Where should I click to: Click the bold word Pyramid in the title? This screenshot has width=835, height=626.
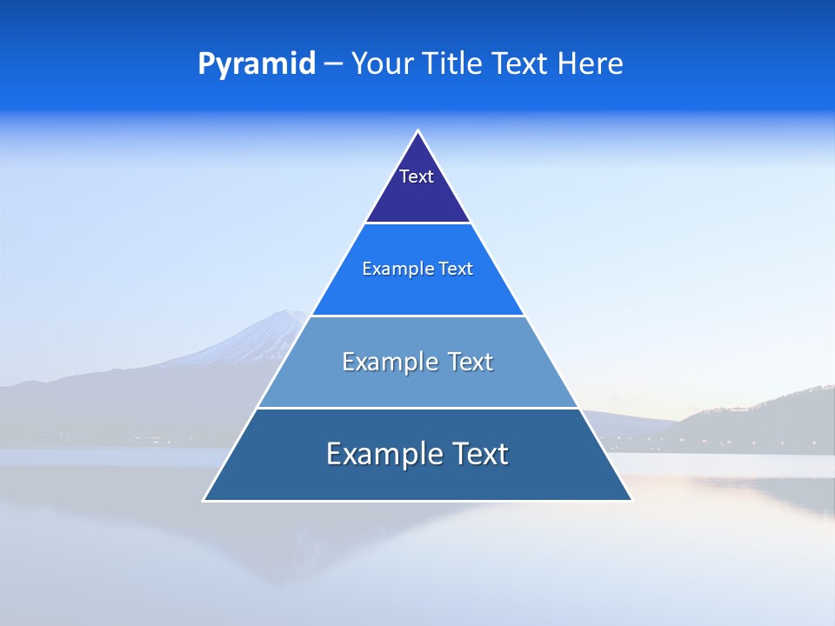click(x=256, y=64)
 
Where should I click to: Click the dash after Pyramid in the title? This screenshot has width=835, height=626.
click(x=333, y=64)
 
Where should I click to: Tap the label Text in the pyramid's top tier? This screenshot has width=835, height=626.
click(x=417, y=176)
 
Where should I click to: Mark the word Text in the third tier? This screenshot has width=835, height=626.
click(x=469, y=362)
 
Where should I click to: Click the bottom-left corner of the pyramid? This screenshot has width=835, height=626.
click(x=204, y=500)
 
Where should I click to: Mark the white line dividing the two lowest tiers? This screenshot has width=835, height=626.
click(x=417, y=408)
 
